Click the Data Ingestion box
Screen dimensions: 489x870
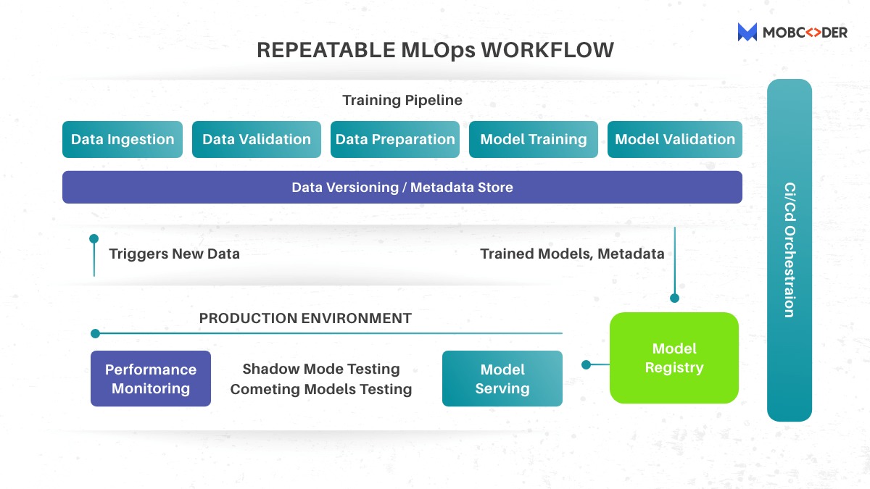point(123,139)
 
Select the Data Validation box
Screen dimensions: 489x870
point(256,139)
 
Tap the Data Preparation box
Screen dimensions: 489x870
point(395,139)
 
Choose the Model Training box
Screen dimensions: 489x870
point(534,139)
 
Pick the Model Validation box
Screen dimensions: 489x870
point(675,139)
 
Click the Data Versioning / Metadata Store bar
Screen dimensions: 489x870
point(402,187)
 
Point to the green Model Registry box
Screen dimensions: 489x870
point(674,358)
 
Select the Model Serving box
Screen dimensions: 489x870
point(502,378)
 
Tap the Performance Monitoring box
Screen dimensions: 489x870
point(151,378)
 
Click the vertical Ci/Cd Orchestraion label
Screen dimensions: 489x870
point(790,250)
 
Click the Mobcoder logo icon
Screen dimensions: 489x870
point(747,32)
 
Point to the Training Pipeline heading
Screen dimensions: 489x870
point(402,100)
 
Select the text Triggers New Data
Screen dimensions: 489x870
point(174,254)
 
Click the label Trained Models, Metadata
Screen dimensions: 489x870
point(572,254)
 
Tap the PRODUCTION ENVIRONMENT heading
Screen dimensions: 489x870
point(305,318)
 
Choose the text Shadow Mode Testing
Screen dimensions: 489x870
point(321,369)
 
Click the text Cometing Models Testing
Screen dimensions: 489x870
point(321,389)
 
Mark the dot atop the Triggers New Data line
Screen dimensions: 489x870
point(94,238)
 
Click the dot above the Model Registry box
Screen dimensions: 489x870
point(674,298)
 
